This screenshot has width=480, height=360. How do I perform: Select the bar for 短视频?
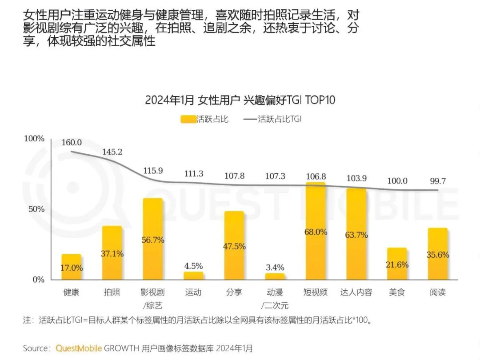click(x=316, y=232)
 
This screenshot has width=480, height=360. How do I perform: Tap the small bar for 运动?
click(x=193, y=276)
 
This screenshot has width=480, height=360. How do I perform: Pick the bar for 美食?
click(x=396, y=264)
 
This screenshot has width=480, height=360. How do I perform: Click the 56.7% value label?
click(x=152, y=240)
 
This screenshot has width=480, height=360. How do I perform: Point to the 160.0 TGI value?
click(x=72, y=143)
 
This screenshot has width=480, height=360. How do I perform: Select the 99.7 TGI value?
click(x=438, y=181)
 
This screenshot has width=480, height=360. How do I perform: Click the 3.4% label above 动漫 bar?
click(x=275, y=268)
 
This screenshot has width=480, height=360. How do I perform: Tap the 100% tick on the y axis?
click(x=34, y=139)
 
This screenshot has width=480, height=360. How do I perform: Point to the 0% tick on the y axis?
click(x=38, y=280)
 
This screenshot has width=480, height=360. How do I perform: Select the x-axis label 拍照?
click(x=112, y=292)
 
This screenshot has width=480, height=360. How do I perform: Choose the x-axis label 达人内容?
click(x=356, y=292)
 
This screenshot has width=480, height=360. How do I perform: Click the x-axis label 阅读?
click(x=437, y=292)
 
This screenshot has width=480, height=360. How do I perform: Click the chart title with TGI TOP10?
click(x=240, y=100)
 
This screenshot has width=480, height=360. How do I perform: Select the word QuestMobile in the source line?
click(x=79, y=348)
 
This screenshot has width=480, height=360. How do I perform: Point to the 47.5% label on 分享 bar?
click(x=234, y=247)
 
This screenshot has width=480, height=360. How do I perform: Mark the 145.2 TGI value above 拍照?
click(x=112, y=152)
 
